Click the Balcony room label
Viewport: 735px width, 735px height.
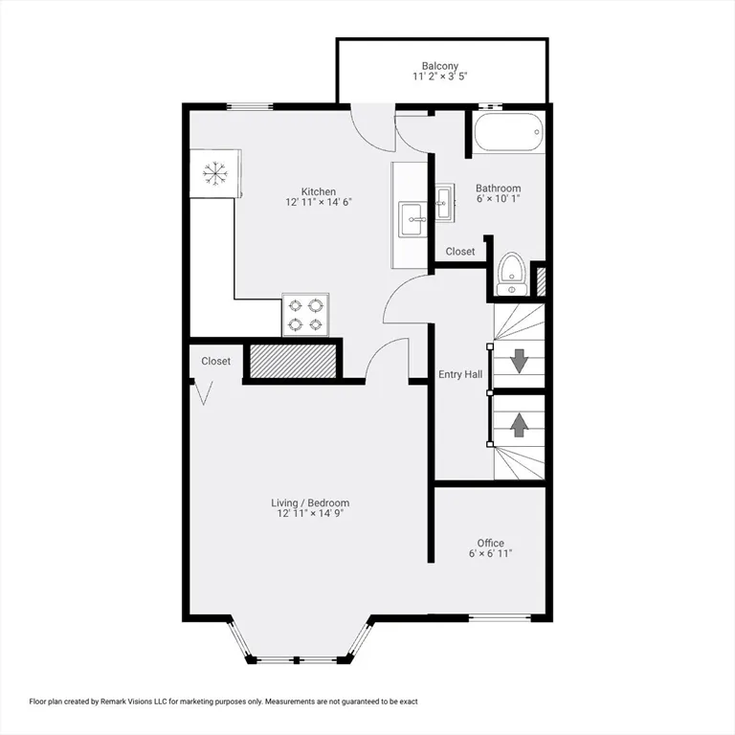440,66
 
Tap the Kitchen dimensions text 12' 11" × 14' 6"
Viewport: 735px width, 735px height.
317,203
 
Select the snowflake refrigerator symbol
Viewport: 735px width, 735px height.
214,173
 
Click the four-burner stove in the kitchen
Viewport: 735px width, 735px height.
306,317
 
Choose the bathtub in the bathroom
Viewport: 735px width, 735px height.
508,132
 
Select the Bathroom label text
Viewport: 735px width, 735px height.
498,189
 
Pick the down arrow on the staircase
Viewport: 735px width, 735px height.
519,361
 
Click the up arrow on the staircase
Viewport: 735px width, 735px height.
519,422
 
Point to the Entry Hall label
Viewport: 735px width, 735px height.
460,375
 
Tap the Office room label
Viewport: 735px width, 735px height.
490,543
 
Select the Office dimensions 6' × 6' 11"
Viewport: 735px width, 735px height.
490,554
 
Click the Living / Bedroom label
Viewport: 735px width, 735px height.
310,502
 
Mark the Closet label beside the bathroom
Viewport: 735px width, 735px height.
460,252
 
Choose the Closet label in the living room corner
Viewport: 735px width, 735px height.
215,361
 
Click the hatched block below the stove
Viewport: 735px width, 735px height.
294,361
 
